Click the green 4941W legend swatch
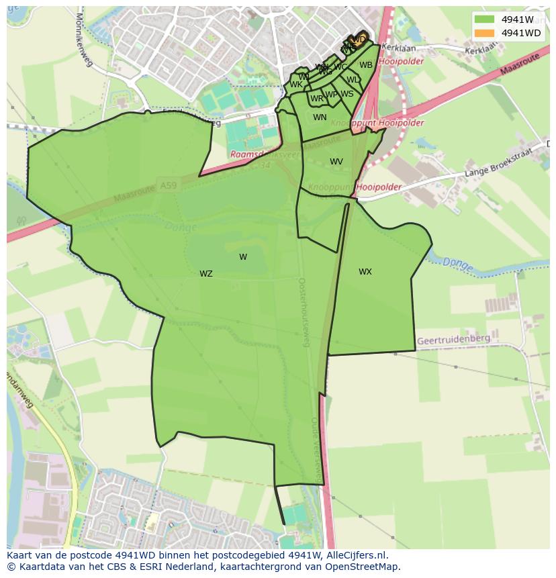[x=483, y=19]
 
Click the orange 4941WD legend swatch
[x=483, y=33]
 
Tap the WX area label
[x=365, y=272]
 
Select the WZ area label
[x=205, y=274]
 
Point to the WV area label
[x=336, y=162]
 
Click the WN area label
[x=320, y=117]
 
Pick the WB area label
[x=365, y=65]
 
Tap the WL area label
[x=353, y=80]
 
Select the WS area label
[x=346, y=94]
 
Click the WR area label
[x=316, y=99]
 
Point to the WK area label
[x=295, y=85]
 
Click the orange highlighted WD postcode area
[x=359, y=39]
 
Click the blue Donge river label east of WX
[x=458, y=263]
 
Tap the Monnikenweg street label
[x=84, y=40]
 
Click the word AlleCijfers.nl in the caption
[x=353, y=555]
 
